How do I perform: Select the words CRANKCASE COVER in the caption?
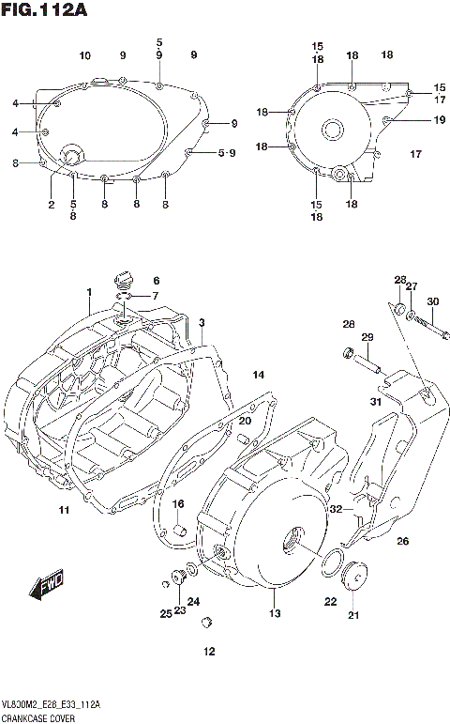tap(38, 716)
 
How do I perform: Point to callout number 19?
tap(439, 119)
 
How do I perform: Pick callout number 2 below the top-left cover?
tap(52, 204)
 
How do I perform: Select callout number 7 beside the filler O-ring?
tap(156, 297)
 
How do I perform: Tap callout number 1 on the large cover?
tap(89, 293)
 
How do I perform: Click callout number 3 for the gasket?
tap(201, 322)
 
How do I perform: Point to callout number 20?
tap(245, 421)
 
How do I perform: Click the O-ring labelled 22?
tap(331, 563)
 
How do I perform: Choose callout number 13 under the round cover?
tap(275, 614)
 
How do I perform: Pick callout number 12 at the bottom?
tap(210, 651)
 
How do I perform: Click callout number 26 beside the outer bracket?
tap(403, 540)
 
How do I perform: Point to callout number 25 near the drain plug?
tap(164, 613)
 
